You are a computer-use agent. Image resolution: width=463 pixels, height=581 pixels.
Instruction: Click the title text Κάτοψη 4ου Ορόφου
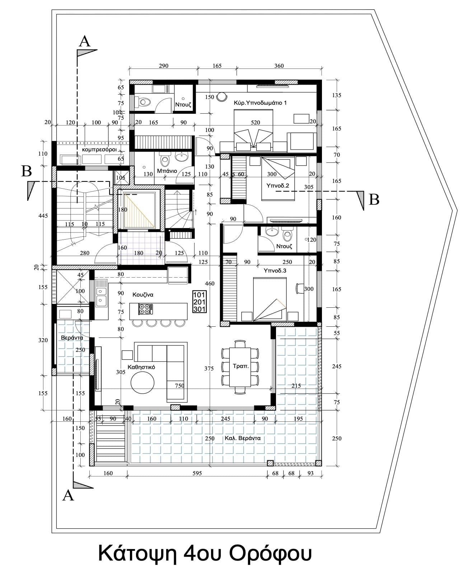(x=205, y=553)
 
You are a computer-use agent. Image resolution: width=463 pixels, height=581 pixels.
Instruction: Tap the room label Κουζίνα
(x=143, y=294)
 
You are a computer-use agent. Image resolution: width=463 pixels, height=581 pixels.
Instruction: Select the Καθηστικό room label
(x=141, y=367)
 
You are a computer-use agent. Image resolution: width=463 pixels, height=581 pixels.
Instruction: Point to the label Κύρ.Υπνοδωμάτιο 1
(x=260, y=103)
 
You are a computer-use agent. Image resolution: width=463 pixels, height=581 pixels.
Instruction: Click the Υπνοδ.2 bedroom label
(x=277, y=186)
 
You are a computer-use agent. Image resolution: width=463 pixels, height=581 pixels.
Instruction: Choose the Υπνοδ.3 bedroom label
(x=275, y=270)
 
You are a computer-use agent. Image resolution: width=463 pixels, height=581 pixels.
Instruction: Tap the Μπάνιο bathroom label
(x=167, y=171)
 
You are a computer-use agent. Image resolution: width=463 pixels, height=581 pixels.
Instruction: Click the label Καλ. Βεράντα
(x=242, y=438)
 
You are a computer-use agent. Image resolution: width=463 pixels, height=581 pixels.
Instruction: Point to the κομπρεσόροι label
(x=99, y=150)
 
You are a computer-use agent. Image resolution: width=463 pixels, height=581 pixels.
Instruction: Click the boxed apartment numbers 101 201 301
(x=200, y=302)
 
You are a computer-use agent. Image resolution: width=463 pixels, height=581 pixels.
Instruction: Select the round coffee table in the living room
(x=142, y=383)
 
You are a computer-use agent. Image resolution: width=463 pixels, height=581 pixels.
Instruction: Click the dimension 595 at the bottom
(x=197, y=473)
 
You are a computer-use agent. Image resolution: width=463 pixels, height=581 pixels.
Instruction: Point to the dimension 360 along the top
(x=279, y=66)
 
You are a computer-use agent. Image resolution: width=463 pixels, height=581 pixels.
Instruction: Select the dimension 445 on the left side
(x=43, y=216)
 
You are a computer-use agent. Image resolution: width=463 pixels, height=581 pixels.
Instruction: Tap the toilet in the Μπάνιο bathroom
(x=164, y=160)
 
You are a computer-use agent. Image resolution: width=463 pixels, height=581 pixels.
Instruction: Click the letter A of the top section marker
(x=85, y=42)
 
